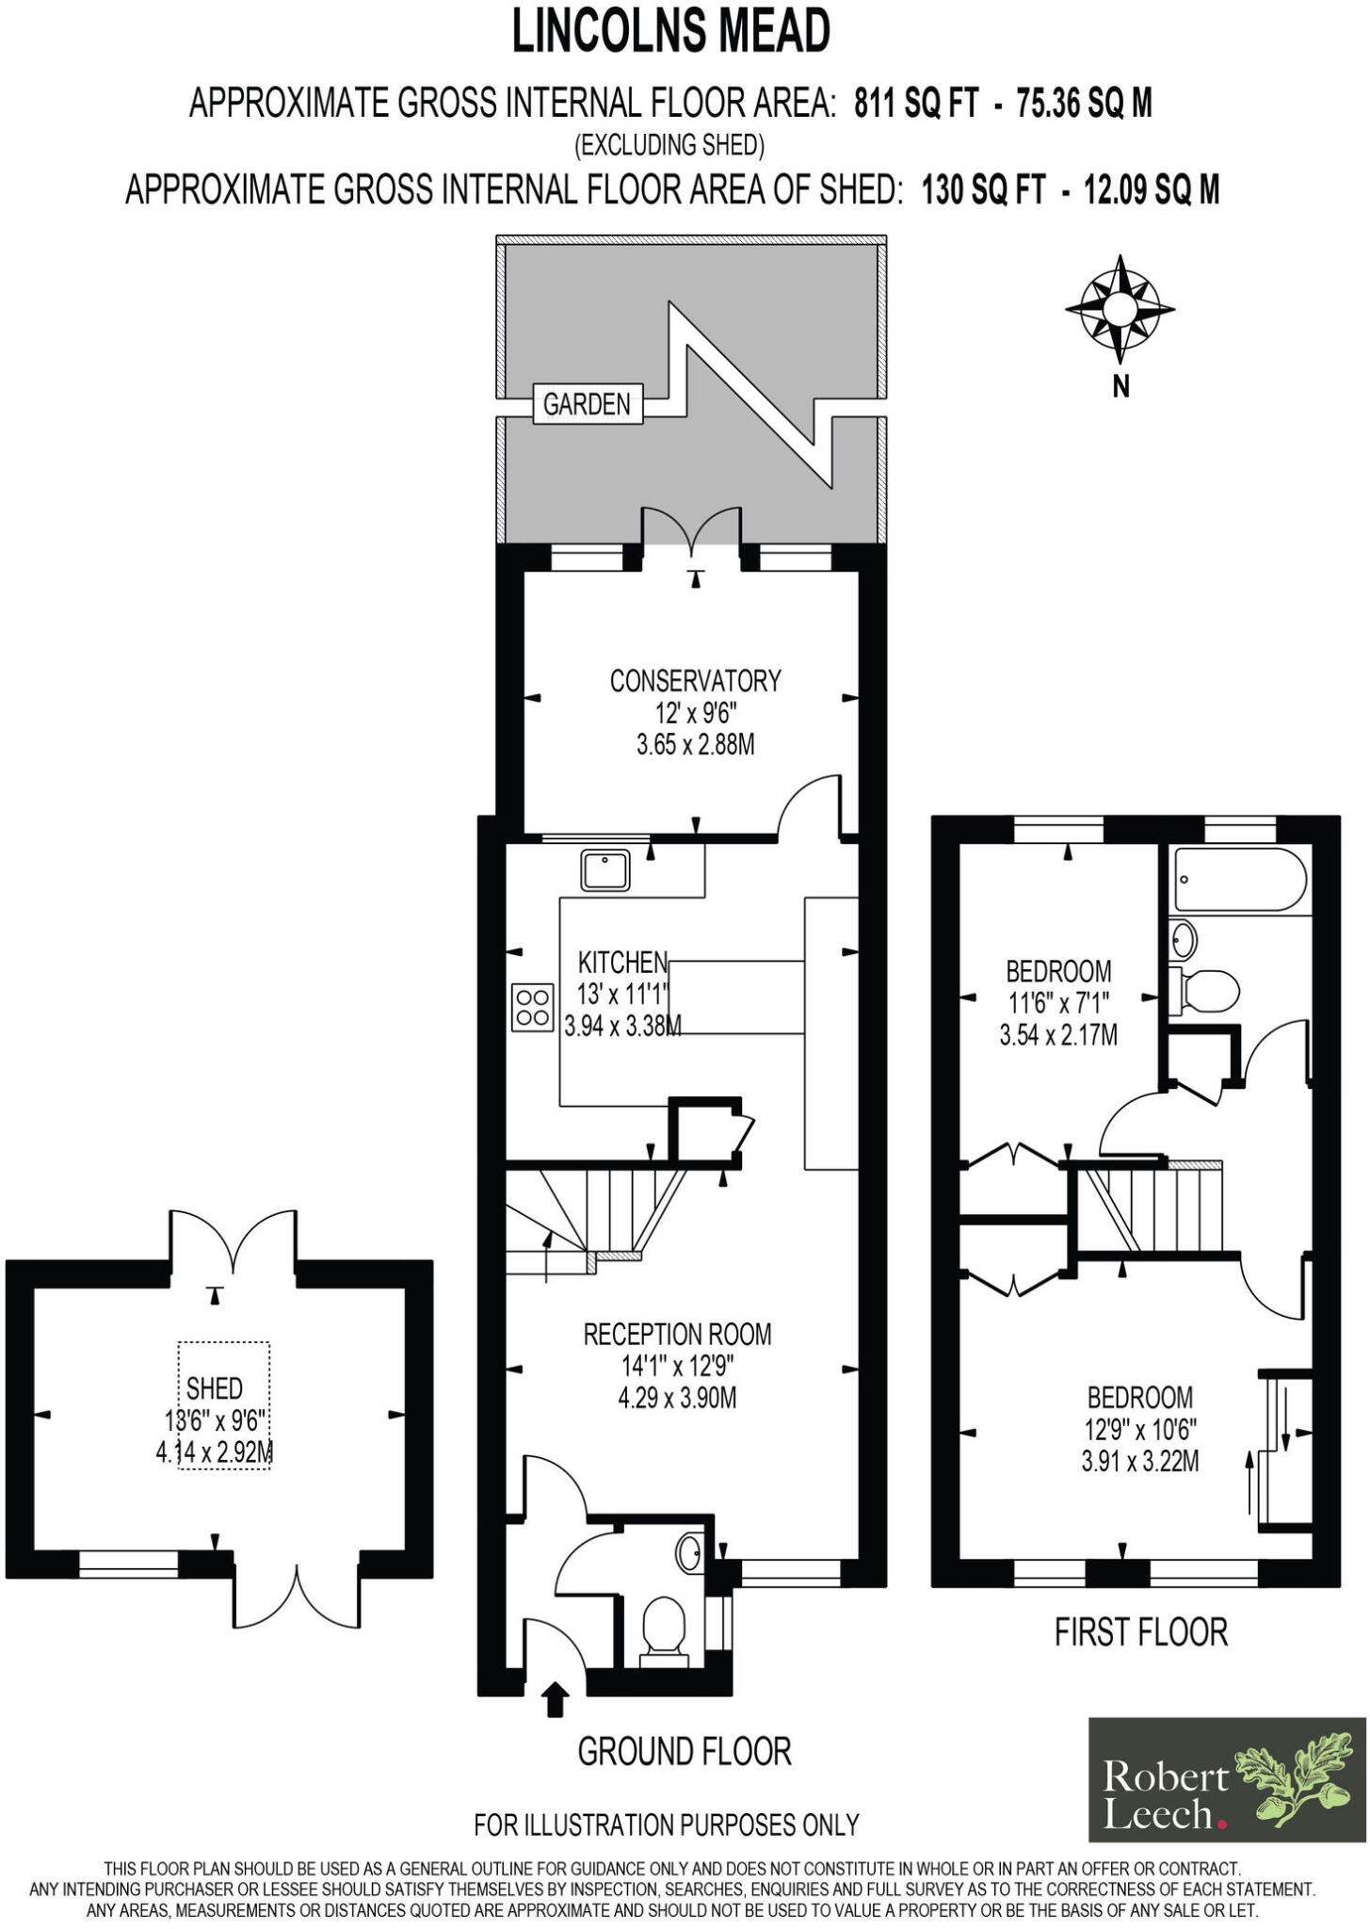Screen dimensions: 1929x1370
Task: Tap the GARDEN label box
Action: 587,404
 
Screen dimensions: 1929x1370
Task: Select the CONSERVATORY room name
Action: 695,680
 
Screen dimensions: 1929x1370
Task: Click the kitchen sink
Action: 605,869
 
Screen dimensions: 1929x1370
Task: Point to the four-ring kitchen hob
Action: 532,1006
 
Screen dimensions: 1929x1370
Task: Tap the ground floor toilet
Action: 664,1623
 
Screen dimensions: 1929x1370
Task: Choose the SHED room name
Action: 215,1387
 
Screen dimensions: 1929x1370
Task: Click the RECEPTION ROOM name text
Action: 677,1334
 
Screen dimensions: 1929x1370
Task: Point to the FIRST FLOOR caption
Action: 1140,1632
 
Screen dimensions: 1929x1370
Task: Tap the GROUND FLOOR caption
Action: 685,1751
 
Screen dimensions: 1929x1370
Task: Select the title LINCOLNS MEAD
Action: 671,31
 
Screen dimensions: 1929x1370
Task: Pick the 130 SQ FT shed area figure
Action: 983,190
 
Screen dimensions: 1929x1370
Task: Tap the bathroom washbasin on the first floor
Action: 1184,939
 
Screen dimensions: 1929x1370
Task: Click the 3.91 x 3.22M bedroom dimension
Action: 1140,1461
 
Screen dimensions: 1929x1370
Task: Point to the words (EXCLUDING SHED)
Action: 669,145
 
